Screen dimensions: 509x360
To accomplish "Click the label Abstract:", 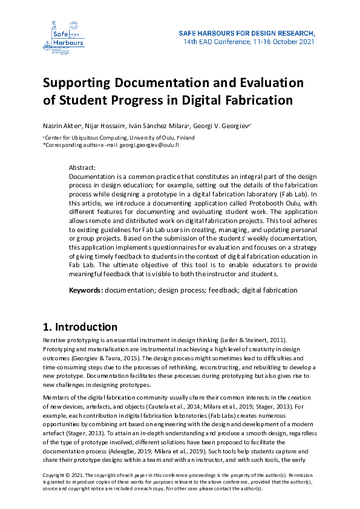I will pyautogui.click(x=83, y=167).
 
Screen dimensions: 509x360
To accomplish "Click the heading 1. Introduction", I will pyautogui.click(x=80, y=328).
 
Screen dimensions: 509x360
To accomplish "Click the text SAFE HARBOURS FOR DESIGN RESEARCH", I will pyautogui.click(x=247, y=33).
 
